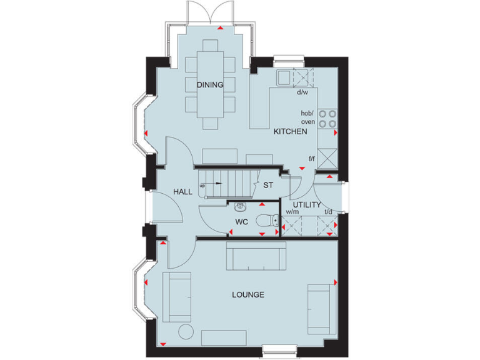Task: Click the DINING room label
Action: (210, 85)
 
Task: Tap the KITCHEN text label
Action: (289, 132)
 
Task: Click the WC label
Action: (242, 222)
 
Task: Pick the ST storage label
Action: (268, 186)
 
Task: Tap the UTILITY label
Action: (306, 204)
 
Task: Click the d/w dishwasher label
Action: (302, 92)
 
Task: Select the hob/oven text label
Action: (307, 117)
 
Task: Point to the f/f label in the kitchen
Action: (311, 159)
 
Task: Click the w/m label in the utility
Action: (292, 212)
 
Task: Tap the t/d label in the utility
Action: (327, 212)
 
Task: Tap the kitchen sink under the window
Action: (284, 77)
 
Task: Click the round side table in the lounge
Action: (185, 331)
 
